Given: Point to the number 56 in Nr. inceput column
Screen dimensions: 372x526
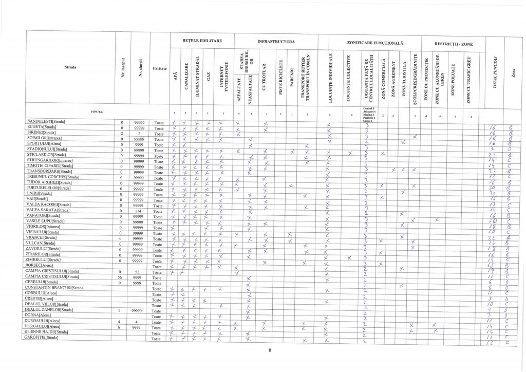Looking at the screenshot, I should (121, 276).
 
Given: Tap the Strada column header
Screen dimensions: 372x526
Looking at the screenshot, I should (70, 67).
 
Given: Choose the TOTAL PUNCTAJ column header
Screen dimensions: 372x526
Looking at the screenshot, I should (495, 72).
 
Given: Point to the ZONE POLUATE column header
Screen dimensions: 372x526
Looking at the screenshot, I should (453, 77).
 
